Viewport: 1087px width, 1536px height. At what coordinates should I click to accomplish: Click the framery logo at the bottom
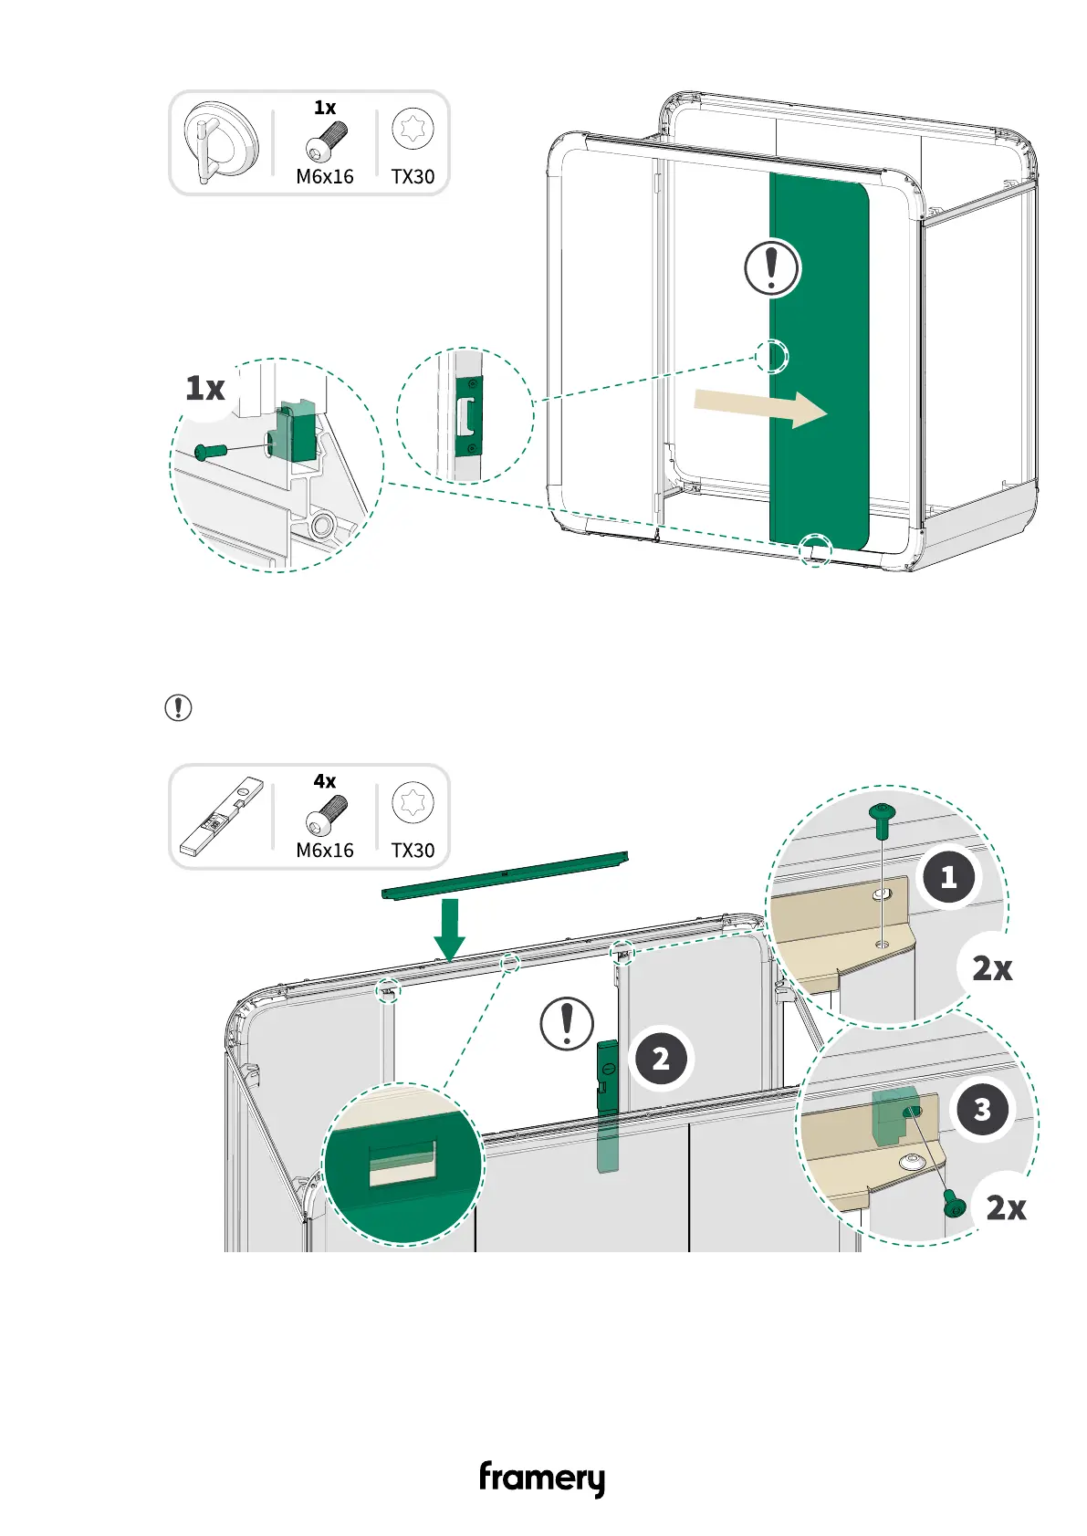(x=542, y=1478)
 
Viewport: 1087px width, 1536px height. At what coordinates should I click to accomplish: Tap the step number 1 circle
(x=948, y=877)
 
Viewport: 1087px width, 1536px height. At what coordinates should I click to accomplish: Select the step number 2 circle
(x=661, y=1058)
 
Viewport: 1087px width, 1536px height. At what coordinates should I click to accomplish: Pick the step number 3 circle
(x=982, y=1109)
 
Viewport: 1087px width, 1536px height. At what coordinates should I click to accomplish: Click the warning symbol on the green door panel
(x=772, y=268)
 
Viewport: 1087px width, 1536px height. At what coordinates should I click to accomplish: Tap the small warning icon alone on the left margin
(x=178, y=707)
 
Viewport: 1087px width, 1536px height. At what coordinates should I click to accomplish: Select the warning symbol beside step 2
(x=567, y=1023)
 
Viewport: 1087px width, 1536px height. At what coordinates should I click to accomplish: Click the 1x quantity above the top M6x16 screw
(x=325, y=108)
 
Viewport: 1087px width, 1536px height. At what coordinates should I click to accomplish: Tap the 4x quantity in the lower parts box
(x=325, y=781)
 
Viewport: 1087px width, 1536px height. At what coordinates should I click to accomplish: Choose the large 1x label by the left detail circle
(x=205, y=389)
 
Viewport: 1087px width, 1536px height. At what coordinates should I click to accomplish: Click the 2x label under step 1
(x=992, y=968)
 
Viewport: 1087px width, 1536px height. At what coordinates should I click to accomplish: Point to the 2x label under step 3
(x=1006, y=1208)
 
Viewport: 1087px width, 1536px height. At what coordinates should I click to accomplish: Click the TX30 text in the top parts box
(x=413, y=177)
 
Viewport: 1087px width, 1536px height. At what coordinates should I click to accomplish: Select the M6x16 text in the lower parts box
(x=325, y=851)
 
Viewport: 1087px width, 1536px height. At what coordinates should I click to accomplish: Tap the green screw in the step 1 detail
(x=882, y=819)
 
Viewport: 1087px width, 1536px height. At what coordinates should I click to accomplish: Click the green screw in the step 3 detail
(x=954, y=1205)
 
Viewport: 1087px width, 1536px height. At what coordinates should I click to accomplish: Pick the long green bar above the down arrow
(x=505, y=874)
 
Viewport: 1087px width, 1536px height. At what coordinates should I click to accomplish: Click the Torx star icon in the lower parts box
(x=413, y=803)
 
